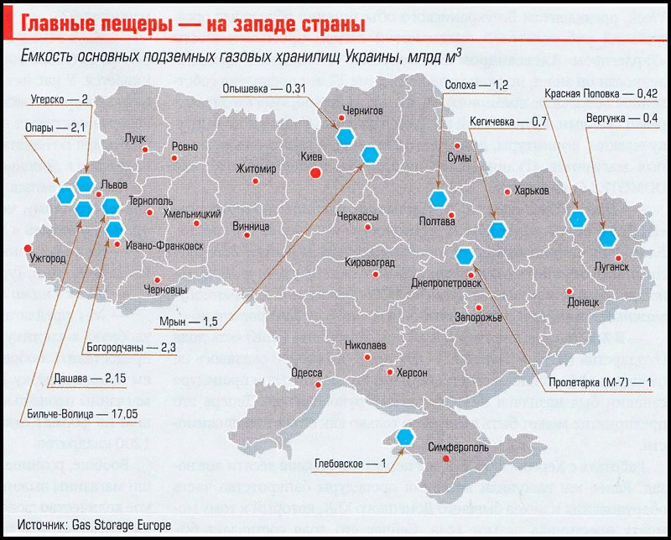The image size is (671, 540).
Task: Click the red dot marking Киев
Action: point(315,173)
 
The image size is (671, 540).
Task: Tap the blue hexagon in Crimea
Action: point(406,436)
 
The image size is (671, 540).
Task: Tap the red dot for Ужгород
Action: point(28,248)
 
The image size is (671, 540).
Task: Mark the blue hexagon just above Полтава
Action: point(437,199)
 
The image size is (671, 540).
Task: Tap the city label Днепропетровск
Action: point(445,284)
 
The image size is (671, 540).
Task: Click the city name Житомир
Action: point(256,168)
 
